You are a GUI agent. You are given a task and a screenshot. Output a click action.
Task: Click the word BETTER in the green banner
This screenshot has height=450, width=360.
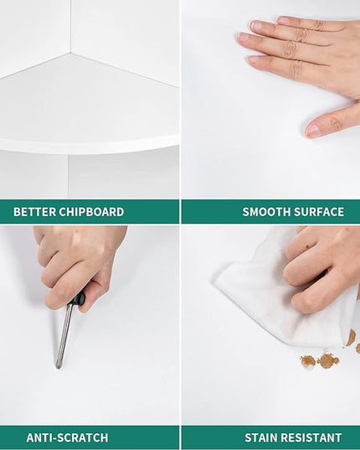[34, 212]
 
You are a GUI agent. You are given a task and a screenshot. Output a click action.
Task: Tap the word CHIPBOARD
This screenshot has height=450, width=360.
[91, 212]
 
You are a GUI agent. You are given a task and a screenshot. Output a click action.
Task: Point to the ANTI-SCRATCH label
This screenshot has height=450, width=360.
[67, 437]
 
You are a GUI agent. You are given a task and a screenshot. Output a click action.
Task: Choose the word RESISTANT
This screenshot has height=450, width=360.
[311, 437]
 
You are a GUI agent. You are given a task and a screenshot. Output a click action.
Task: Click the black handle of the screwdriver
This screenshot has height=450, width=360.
[77, 300]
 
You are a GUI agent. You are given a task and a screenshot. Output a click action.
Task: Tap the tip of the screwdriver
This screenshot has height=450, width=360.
[57, 368]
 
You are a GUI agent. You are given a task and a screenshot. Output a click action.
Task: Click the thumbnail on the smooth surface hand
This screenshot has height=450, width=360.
[313, 130]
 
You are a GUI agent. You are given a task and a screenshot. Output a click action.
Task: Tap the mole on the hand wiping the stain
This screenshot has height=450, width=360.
[307, 247]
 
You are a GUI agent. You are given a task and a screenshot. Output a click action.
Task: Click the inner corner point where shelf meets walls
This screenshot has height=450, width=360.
[69, 53]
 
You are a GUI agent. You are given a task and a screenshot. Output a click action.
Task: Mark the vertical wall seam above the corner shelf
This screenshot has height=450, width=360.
[70, 27]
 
